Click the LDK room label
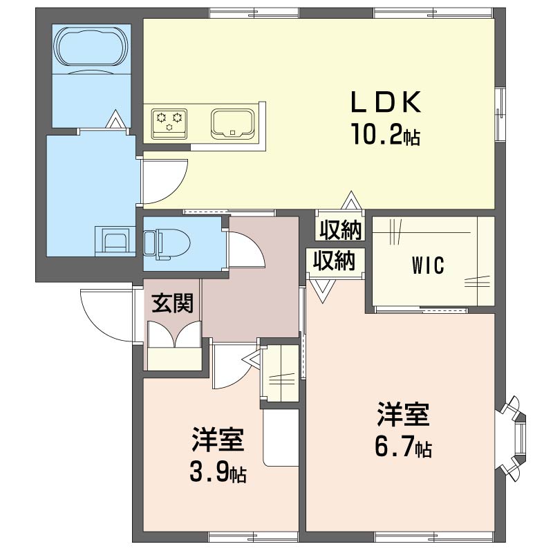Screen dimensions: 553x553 pyautogui.click(x=386, y=102)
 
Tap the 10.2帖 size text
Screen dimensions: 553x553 pyautogui.click(x=385, y=134)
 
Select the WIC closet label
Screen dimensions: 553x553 pyautogui.click(x=428, y=265)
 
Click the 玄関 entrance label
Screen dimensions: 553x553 pyautogui.click(x=172, y=303)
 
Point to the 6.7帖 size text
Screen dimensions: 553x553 pyautogui.click(x=403, y=449)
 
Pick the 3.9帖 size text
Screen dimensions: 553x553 pyautogui.click(x=218, y=474)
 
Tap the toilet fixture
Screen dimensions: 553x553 pyautogui.click(x=167, y=244)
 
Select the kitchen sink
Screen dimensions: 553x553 pyautogui.click(x=233, y=124)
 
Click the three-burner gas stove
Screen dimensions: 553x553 pyautogui.click(x=169, y=124)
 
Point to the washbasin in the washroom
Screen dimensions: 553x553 pyautogui.click(x=115, y=239)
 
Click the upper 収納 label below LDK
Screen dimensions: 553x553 pyautogui.click(x=340, y=230)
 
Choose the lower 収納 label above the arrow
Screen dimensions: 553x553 pyautogui.click(x=334, y=261)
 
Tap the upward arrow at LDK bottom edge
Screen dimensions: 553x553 pyautogui.click(x=351, y=200)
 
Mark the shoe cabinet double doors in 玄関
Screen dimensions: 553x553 pyautogui.click(x=174, y=334)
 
